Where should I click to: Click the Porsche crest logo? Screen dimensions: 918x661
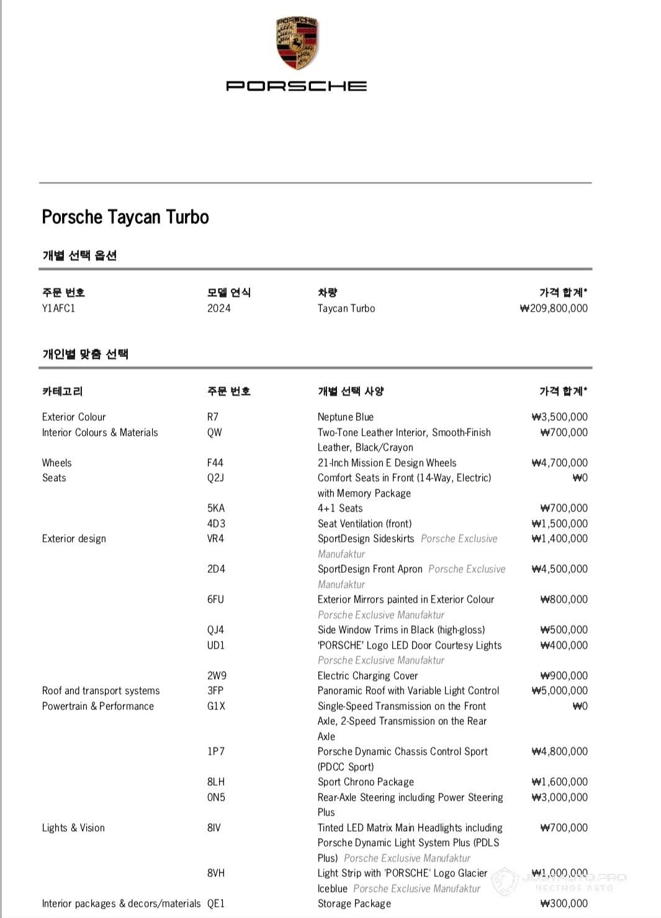pos(296,43)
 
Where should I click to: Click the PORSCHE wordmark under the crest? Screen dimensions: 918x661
pos(296,86)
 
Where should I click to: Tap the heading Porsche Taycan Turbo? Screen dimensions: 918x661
pos(125,217)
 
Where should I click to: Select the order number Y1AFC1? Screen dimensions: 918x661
pos(58,308)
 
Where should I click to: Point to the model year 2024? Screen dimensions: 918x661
pos(218,308)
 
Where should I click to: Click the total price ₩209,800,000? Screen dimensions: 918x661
pos(554,308)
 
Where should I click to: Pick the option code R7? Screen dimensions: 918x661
pos(213,417)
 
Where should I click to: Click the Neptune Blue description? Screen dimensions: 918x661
pos(345,417)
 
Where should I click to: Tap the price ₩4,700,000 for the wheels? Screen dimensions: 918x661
pos(559,463)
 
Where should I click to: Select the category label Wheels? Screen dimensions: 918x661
pos(56,463)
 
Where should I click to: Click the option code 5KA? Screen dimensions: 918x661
pos(216,508)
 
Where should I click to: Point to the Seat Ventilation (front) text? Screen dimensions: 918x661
pos(364,524)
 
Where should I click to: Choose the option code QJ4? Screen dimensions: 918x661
pos(215,630)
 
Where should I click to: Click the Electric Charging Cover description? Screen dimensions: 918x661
pos(367,676)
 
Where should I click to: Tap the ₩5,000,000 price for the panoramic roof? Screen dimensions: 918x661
pos(559,691)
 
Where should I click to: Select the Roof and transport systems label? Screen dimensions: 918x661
pos(101,691)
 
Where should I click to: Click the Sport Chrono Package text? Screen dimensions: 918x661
pos(366,782)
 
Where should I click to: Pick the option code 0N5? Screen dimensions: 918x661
pos(216,798)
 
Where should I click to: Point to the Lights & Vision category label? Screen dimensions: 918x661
pos(73,828)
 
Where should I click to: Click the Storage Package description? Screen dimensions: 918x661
pos(354,904)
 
